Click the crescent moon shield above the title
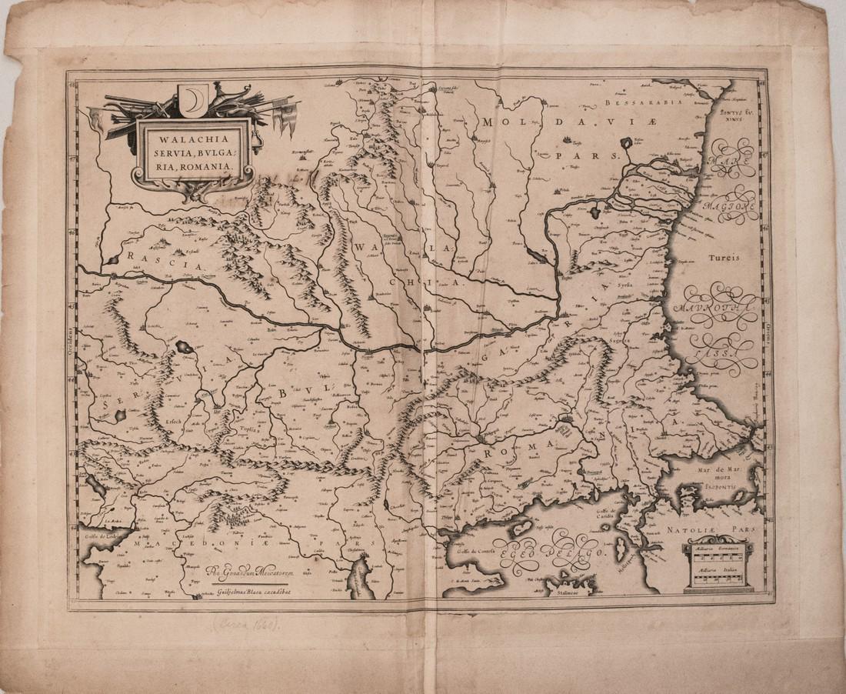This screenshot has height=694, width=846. [192, 98]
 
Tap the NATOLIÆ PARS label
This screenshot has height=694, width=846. [721, 530]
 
